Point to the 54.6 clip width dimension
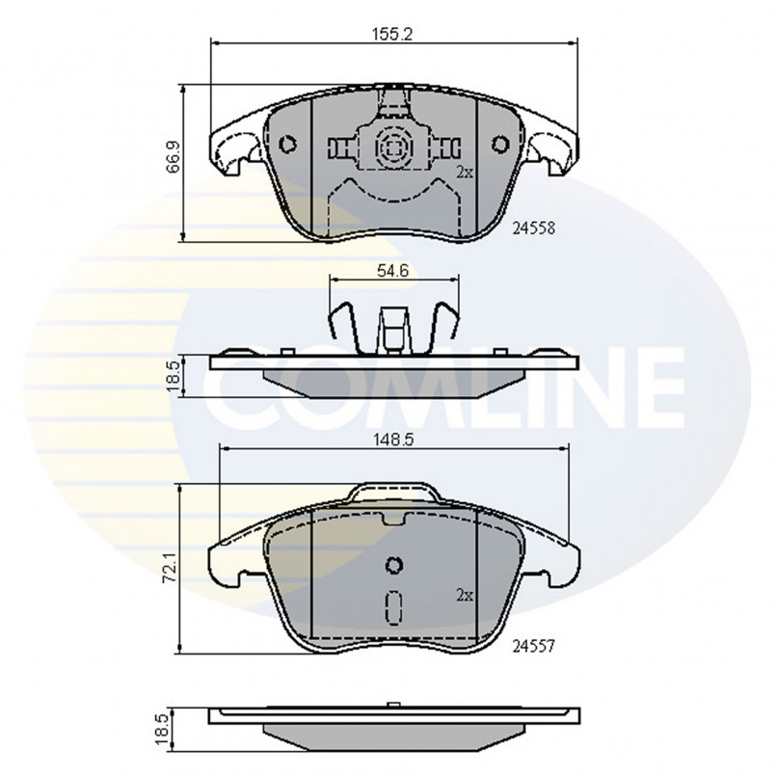(x=393, y=271)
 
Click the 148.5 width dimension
(x=393, y=438)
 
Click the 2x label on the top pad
(x=464, y=173)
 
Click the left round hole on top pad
(x=286, y=146)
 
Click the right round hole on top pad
(x=499, y=146)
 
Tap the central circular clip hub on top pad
(x=393, y=147)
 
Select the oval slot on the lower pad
(x=393, y=607)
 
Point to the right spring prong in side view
(x=447, y=323)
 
